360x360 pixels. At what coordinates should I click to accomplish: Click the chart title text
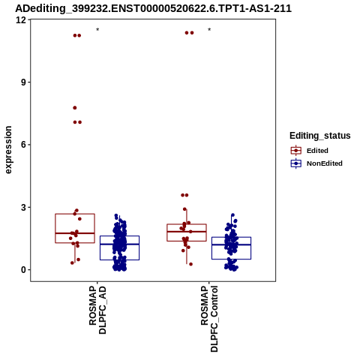(x=153, y=9)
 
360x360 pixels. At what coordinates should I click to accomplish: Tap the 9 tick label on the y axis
(x=24, y=82)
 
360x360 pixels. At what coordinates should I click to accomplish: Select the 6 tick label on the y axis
(x=24, y=145)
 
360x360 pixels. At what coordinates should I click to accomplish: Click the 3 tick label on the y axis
(x=24, y=207)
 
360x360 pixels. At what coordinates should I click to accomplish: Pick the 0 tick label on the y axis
(x=24, y=270)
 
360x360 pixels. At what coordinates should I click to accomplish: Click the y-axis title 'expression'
(x=8, y=150)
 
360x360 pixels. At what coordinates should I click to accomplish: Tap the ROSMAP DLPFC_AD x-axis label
(x=97, y=310)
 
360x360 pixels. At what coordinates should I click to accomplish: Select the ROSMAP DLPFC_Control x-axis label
(x=209, y=319)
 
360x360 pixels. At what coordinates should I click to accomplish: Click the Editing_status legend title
(x=320, y=136)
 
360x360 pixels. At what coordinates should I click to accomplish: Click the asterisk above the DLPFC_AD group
(x=97, y=30)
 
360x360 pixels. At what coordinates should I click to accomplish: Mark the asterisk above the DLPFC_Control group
(x=209, y=30)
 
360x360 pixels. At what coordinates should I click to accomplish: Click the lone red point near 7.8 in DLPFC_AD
(x=75, y=108)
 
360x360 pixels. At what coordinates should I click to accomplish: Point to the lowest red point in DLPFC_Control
(x=190, y=264)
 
